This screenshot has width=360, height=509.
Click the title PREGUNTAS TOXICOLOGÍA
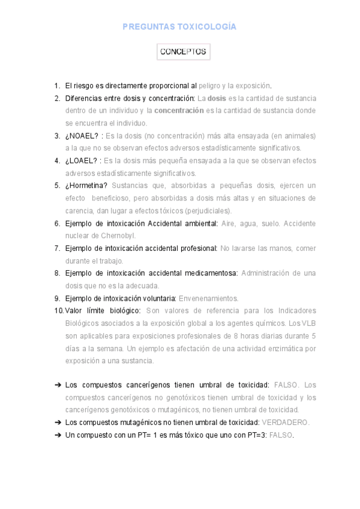tap(179, 27)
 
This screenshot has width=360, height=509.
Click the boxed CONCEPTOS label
tap(183, 52)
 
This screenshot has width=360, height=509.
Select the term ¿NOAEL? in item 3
tap(82, 136)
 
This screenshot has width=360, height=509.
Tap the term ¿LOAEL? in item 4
tap(82, 161)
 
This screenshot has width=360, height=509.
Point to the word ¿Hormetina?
tap(86, 185)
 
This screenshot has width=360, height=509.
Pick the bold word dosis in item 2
tap(217, 98)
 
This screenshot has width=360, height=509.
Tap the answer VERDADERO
tap(286, 423)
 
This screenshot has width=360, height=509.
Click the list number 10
tap(58, 310)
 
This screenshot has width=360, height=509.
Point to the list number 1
tap(57, 86)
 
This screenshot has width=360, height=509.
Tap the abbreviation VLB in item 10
tap(308, 324)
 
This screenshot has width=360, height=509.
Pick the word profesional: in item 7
tap(197, 248)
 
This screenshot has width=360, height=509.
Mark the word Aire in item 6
tap(229, 223)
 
